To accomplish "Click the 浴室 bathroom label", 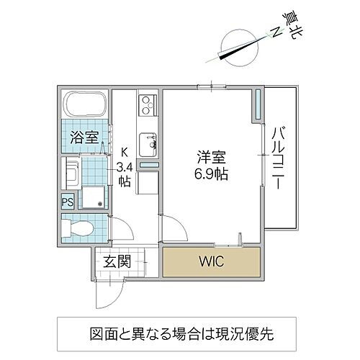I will (84, 138).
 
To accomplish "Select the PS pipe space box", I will (67, 202).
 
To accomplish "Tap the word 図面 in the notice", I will (104, 335).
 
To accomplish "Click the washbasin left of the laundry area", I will (73, 174).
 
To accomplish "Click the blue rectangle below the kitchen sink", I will (148, 166).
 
